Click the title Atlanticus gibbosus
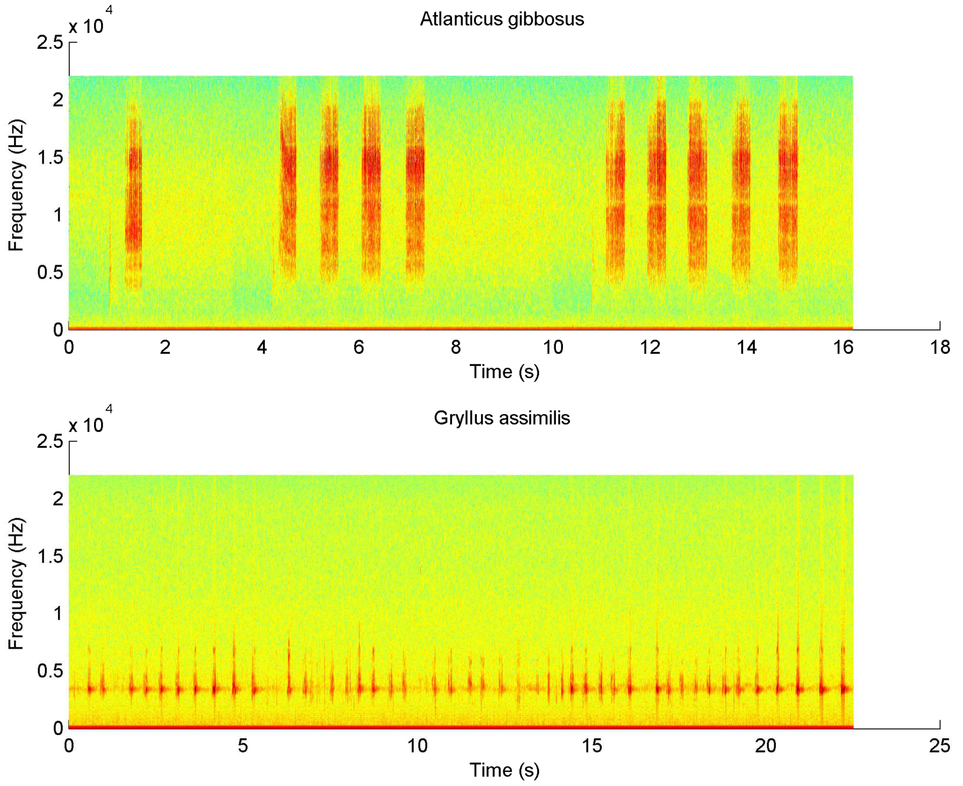click(x=502, y=19)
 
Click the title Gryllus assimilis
click(x=502, y=417)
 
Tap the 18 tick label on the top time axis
click(x=940, y=347)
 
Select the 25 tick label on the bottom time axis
click(x=940, y=746)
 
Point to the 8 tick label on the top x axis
click(x=455, y=347)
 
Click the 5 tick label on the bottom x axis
click(x=243, y=746)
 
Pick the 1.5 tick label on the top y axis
click(x=50, y=157)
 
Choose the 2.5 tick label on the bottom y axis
click(x=50, y=441)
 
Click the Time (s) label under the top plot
click(x=504, y=372)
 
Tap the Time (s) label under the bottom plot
click(x=504, y=770)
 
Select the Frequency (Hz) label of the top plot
click(x=16, y=186)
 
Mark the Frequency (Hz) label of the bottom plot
click(x=16, y=584)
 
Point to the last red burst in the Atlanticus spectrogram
click(x=788, y=190)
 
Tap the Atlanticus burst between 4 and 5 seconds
click(x=288, y=186)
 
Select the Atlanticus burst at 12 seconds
click(x=657, y=190)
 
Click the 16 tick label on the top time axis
click(x=843, y=347)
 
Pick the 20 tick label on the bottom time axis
click(x=766, y=746)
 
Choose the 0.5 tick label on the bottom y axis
click(x=50, y=670)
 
